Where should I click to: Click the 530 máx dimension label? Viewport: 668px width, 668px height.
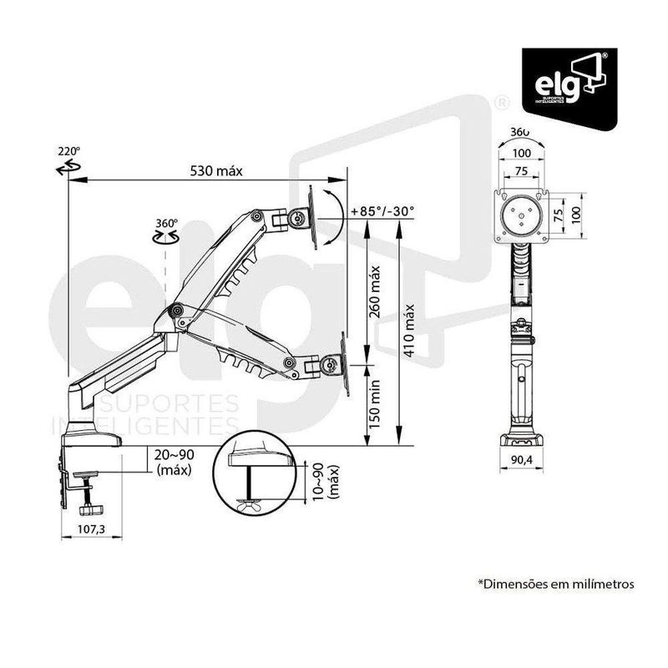point(215,171)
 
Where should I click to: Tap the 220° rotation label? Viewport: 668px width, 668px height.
point(68,152)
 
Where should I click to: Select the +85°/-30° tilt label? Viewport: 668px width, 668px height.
point(382,211)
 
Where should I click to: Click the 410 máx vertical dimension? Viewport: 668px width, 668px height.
point(409,331)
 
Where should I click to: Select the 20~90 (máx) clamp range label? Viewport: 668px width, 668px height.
point(175,462)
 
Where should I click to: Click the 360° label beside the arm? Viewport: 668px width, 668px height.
point(166,223)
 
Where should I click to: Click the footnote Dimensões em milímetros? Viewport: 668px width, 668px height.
point(555,584)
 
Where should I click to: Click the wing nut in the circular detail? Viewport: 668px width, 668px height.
point(251,504)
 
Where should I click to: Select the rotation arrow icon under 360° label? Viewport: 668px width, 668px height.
point(165,238)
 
